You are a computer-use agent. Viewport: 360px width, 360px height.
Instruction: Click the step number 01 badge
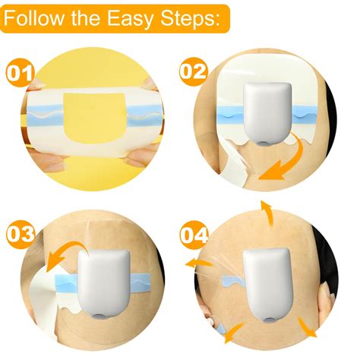pos(20,74)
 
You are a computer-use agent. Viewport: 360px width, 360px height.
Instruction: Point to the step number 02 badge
pos(194,71)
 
